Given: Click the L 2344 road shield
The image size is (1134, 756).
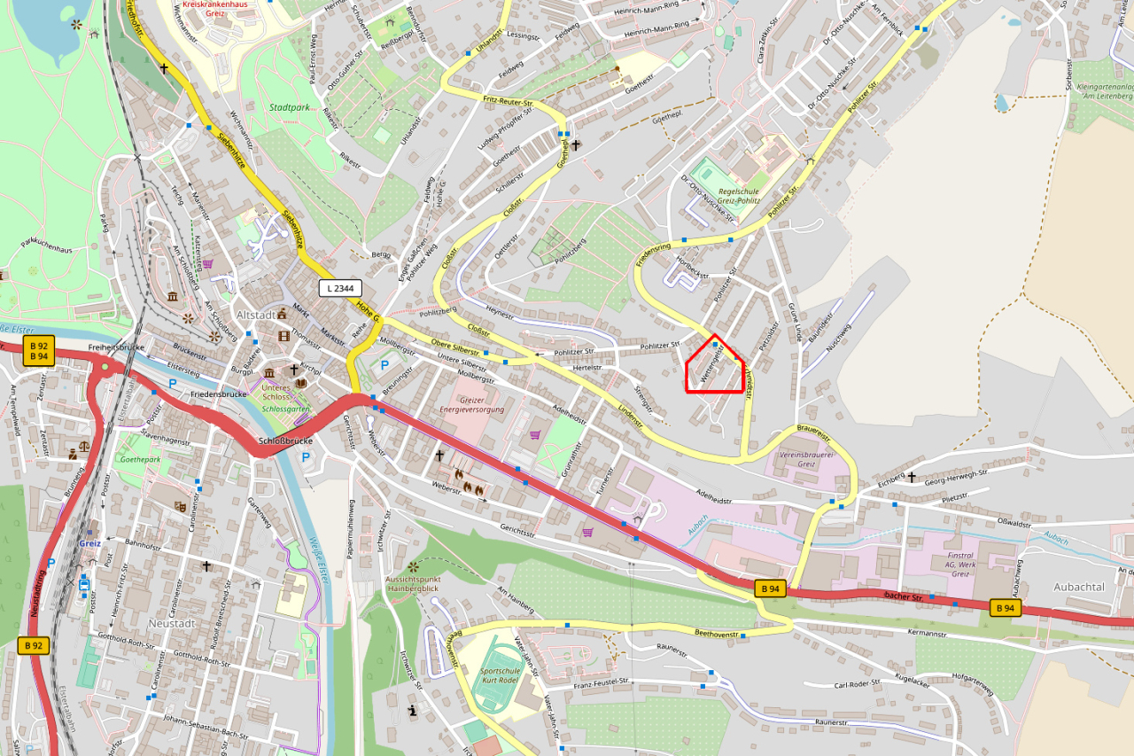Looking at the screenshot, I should click(x=340, y=288).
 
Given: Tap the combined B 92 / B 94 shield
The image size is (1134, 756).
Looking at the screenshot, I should click(x=37, y=350).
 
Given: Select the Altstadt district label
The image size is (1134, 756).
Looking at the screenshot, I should click(x=255, y=315).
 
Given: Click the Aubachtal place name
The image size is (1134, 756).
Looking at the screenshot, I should click(x=1079, y=587).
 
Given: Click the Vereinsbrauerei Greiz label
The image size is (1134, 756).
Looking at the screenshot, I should click(x=793, y=457).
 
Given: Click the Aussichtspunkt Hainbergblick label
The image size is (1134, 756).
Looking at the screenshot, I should click(x=412, y=582).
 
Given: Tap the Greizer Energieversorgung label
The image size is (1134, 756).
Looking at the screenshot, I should click(x=471, y=405).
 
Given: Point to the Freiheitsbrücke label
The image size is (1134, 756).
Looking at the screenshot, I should click(x=115, y=347).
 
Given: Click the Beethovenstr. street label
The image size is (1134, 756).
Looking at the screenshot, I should click(x=716, y=634).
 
